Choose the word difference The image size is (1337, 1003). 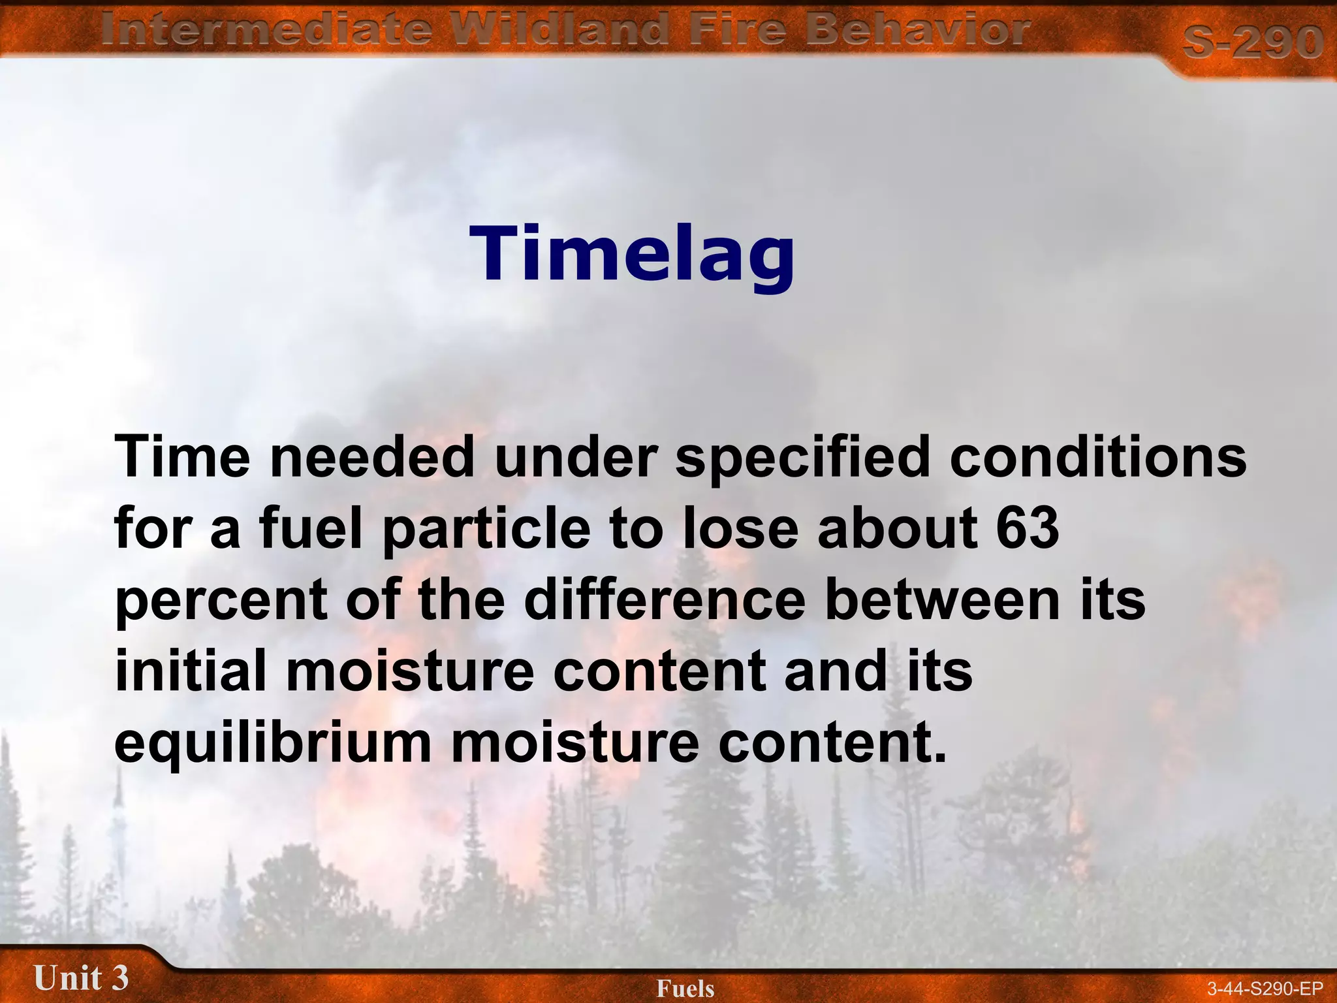[x=665, y=599]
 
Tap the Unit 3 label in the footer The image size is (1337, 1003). [x=81, y=978]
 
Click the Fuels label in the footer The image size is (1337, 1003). [x=685, y=989]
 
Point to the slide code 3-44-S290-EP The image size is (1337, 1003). [x=1265, y=989]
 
